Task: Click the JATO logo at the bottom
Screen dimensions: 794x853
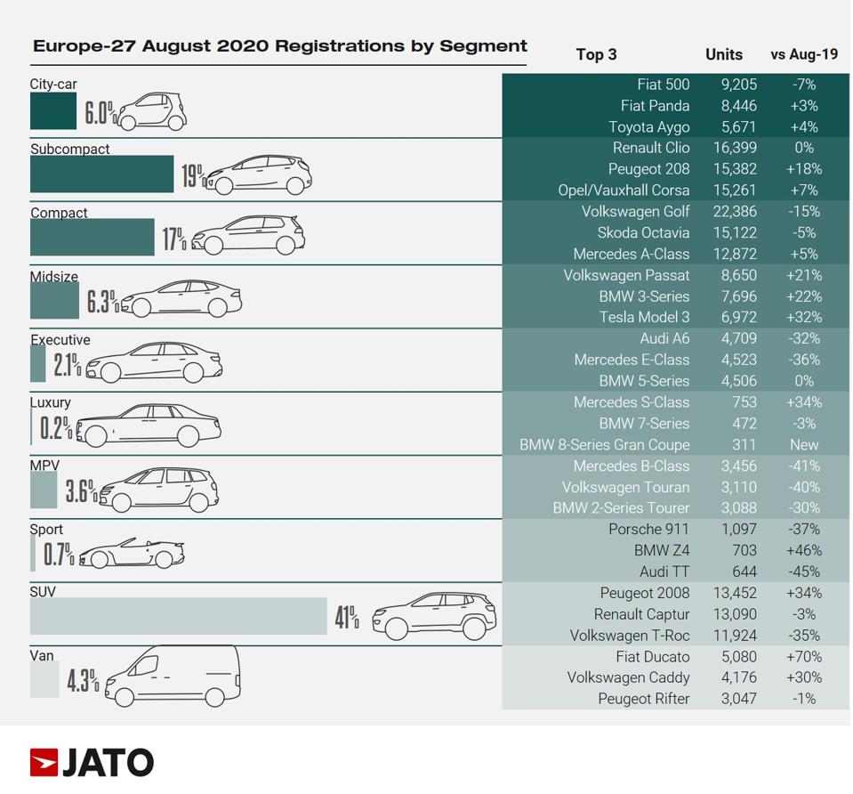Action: point(92,763)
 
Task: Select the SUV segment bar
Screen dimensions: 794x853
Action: point(178,616)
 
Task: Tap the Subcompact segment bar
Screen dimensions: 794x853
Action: point(101,174)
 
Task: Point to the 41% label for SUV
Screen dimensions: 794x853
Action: point(347,616)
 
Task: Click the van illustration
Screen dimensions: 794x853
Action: point(173,675)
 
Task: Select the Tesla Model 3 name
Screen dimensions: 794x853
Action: point(644,318)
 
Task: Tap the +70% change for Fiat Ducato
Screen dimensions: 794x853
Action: point(804,657)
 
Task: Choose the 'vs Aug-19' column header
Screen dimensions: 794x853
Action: point(804,54)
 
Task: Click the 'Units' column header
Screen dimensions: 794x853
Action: point(723,54)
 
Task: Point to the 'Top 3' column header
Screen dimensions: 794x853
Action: point(596,54)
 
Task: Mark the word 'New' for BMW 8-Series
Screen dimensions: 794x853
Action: point(804,445)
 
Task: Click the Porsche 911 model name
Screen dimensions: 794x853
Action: point(648,530)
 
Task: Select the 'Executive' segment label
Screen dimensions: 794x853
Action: point(60,340)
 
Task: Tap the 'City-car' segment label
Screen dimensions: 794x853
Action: point(53,85)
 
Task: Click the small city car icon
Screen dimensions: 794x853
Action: point(151,110)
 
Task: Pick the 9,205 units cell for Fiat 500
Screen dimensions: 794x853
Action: point(738,85)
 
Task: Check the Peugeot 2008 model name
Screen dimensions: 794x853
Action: point(645,594)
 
